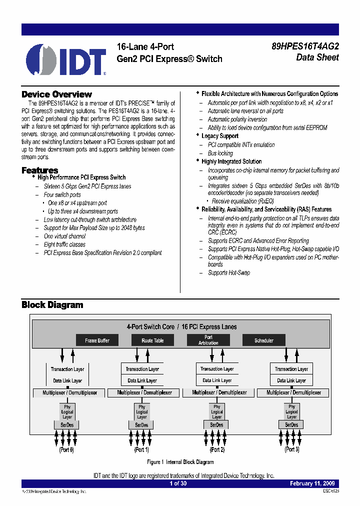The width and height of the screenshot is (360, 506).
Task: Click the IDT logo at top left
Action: [x=65, y=59]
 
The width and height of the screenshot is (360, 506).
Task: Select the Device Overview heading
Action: [x=56, y=94]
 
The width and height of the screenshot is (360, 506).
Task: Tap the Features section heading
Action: [x=39, y=170]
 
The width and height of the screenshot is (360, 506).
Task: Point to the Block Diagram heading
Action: [x=52, y=305]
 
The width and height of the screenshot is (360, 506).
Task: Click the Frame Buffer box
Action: [x=97, y=340]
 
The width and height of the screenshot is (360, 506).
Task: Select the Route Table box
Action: [x=152, y=340]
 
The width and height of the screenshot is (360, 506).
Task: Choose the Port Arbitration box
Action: [x=208, y=340]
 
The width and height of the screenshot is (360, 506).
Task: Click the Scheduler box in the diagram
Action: [x=264, y=340]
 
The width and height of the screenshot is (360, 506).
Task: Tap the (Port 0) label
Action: [x=66, y=449]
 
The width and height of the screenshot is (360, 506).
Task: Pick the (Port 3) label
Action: [x=291, y=449]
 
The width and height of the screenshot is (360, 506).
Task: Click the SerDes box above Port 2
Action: [x=216, y=425]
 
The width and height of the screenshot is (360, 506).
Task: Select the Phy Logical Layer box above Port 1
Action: [x=142, y=412]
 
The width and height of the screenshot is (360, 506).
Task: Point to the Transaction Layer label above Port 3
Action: [x=291, y=369]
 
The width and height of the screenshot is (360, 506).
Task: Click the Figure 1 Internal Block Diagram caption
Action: [x=180, y=462]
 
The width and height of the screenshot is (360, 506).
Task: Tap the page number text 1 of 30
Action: [x=178, y=483]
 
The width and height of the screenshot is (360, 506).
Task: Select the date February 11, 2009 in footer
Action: [x=314, y=483]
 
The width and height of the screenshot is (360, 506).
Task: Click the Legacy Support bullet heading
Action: [x=219, y=136]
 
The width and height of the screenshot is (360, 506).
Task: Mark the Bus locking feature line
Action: [x=220, y=153]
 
